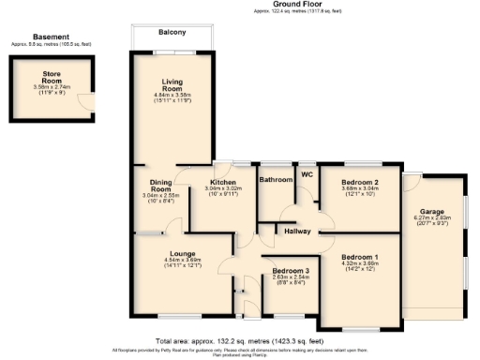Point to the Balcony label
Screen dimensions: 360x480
coord(171,33)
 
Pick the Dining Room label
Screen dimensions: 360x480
coord(160,186)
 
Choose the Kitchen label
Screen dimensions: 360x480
coord(223,181)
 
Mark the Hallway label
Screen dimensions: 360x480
coord(297,228)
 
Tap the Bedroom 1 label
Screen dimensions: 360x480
coord(360,257)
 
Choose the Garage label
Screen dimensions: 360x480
coord(431,212)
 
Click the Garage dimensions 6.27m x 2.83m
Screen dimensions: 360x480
coord(431,220)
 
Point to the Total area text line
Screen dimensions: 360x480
coord(239,340)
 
